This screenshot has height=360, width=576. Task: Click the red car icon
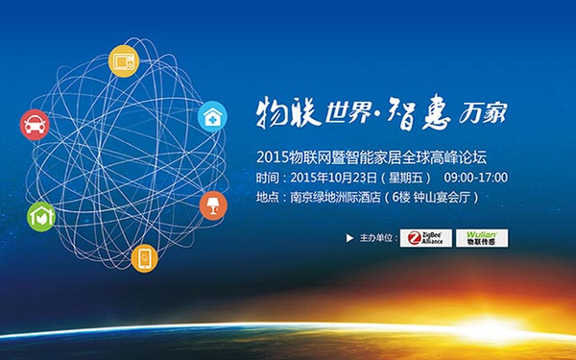click(x=35, y=125)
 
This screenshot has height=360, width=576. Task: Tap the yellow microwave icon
click(x=124, y=61)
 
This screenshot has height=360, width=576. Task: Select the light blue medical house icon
click(x=212, y=116)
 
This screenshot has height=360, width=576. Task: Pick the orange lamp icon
click(x=213, y=205)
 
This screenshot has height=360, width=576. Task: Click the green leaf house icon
click(x=41, y=216)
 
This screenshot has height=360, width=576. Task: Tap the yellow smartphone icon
click(x=145, y=258)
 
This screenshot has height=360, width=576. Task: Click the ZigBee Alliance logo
click(x=425, y=238)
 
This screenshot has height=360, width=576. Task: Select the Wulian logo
click(x=482, y=238)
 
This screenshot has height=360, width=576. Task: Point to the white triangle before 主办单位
click(x=349, y=238)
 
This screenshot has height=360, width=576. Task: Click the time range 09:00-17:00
click(x=476, y=178)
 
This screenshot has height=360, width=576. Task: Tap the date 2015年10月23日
click(x=333, y=178)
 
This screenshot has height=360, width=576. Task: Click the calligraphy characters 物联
click(x=288, y=112)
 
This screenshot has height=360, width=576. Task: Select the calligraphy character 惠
click(x=436, y=111)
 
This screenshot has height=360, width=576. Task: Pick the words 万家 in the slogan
click(x=483, y=112)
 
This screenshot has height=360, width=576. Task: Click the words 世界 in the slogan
click(x=348, y=112)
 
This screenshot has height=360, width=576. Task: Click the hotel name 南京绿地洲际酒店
click(x=335, y=197)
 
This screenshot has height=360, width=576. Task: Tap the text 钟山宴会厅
click(x=442, y=197)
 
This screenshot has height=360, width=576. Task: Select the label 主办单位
click(x=376, y=238)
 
